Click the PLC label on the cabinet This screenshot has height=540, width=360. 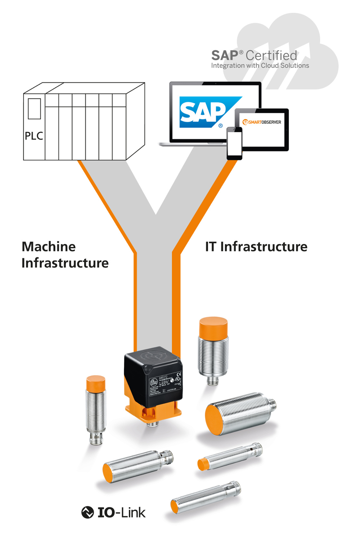(x=34, y=136)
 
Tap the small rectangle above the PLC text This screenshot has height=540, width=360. (x=34, y=109)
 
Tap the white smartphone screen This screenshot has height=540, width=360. (x=234, y=144)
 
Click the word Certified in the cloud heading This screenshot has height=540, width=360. (x=271, y=55)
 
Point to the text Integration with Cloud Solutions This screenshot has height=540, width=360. (x=260, y=66)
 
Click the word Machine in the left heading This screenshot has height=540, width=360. (x=49, y=247)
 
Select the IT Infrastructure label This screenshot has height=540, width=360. (x=256, y=247)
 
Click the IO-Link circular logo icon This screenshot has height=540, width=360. (x=87, y=512)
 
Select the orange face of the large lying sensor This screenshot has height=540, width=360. (x=214, y=420)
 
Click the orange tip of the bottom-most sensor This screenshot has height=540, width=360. (x=174, y=507)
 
